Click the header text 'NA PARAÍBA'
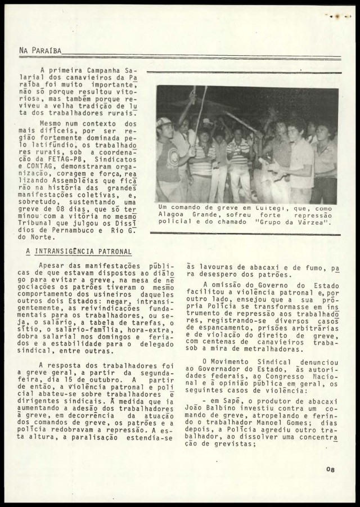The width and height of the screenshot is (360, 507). pyautogui.click(x=40, y=50)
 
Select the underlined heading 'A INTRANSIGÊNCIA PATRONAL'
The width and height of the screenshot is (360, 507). pyautogui.click(x=79, y=252)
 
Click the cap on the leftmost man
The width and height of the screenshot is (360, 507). pyautogui.click(x=164, y=122)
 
